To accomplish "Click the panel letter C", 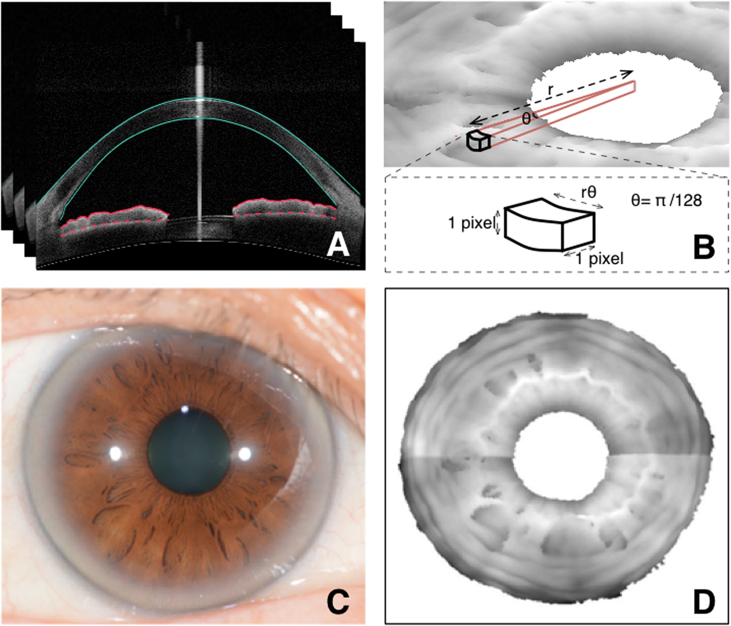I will [x=338, y=602].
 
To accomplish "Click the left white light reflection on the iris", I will [x=116, y=453].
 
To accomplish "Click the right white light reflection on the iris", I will [x=245, y=453].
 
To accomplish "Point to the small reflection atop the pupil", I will [x=185, y=409].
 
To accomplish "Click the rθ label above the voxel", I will [x=588, y=192].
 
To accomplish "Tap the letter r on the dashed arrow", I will [x=550, y=89].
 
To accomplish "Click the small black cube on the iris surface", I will [x=478, y=141].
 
